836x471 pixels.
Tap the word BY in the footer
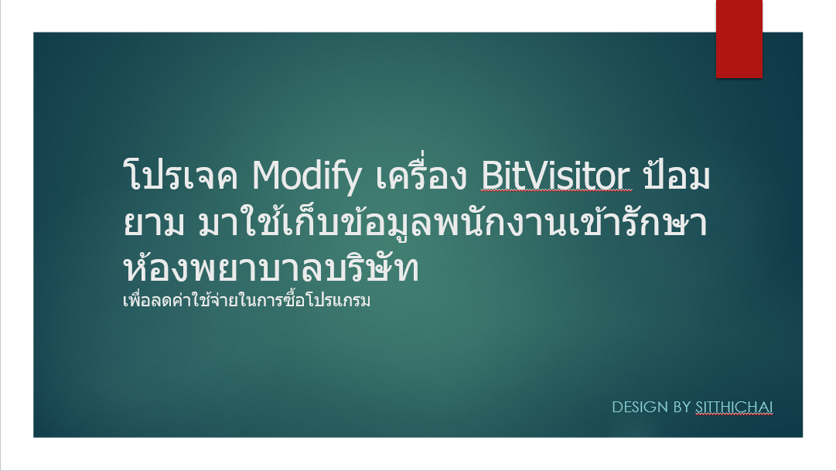682,407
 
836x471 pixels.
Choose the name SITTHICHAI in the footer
734,407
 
